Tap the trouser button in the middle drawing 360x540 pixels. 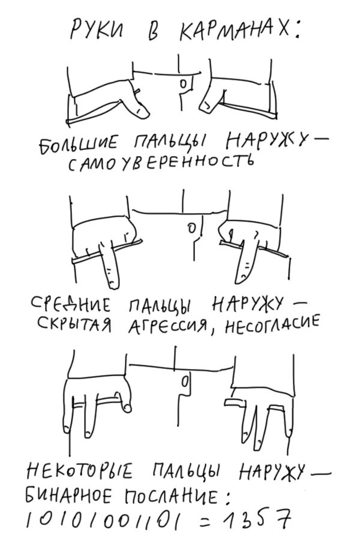point(190,229)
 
